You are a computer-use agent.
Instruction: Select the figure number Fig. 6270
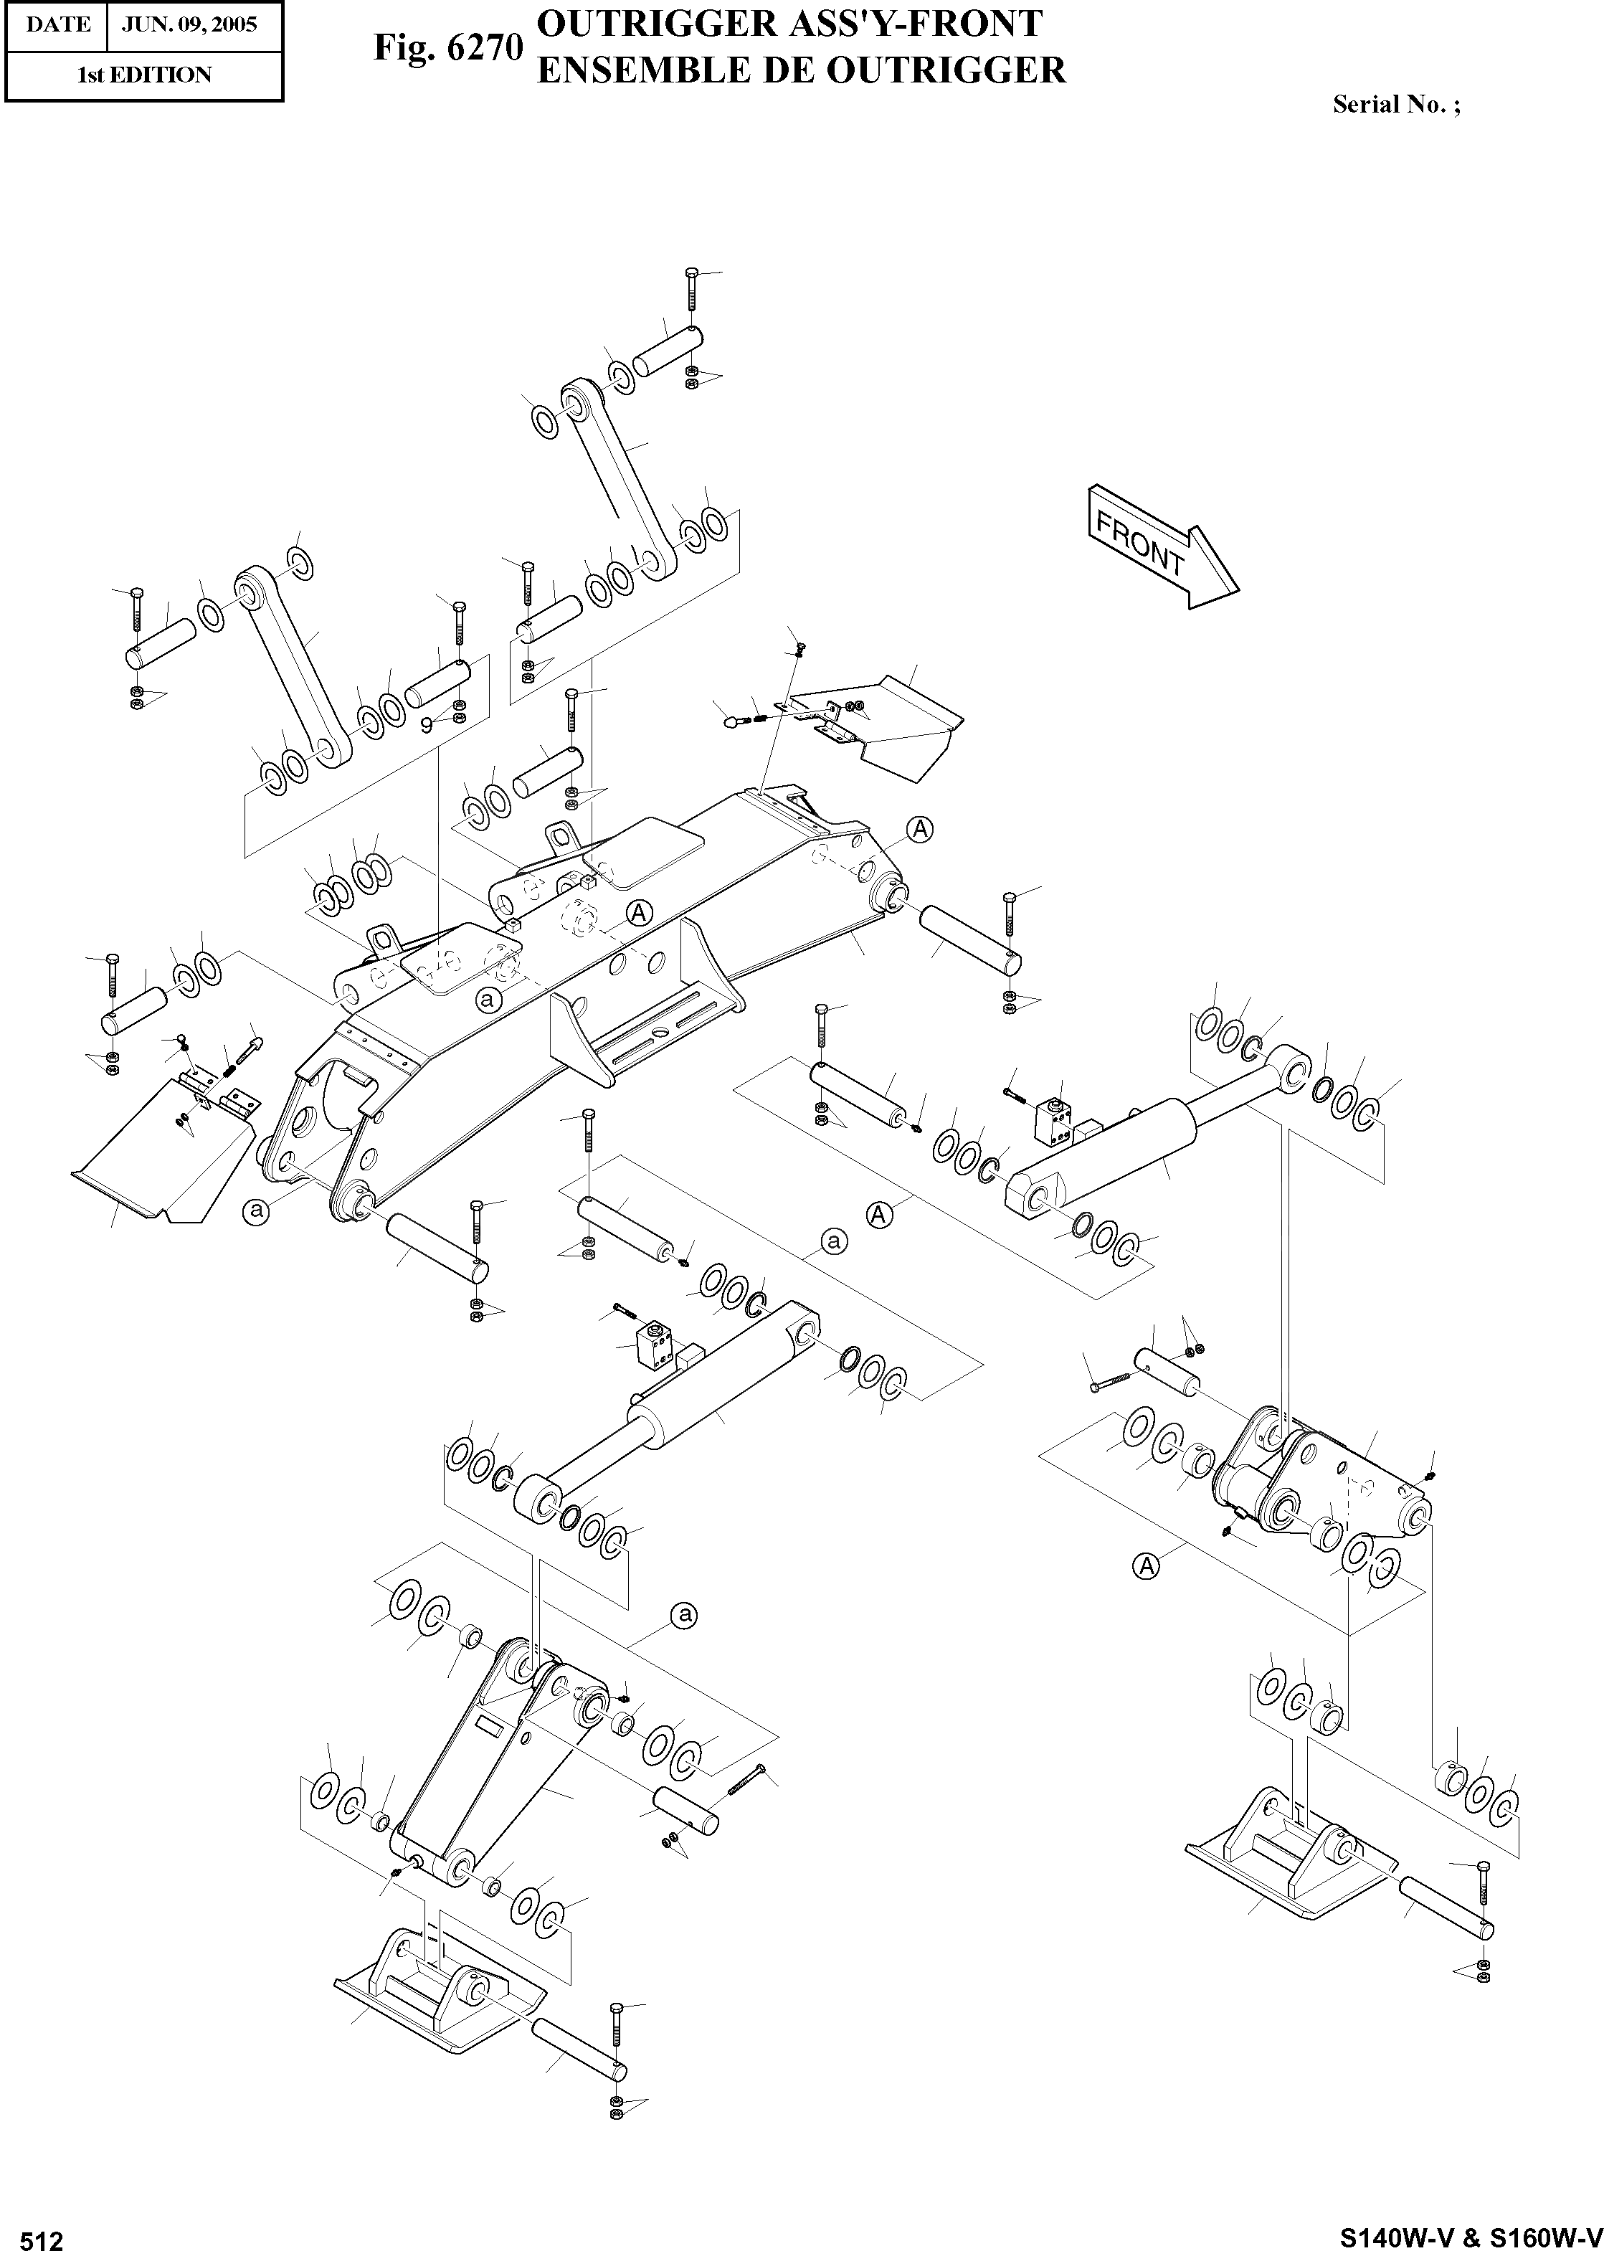click(447, 47)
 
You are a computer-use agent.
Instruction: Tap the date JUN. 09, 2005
click(189, 24)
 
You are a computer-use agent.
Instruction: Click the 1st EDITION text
click(144, 75)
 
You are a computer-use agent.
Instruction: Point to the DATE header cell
click(57, 24)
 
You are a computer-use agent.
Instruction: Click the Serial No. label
click(1395, 104)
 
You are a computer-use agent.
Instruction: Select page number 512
click(42, 2235)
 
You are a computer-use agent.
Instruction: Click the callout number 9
click(427, 725)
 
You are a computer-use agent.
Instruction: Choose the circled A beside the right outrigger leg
click(1146, 1565)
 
